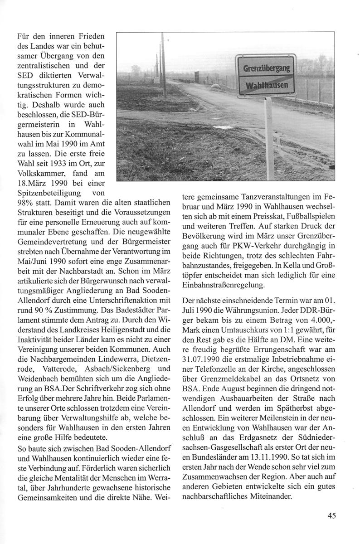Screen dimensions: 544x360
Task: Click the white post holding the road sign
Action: tap(269, 136)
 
